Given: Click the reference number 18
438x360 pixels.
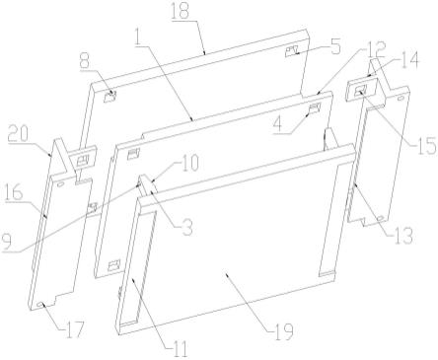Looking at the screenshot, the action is pyautogui.click(x=181, y=11).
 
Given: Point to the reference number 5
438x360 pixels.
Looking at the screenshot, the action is pyautogui.click(x=334, y=46).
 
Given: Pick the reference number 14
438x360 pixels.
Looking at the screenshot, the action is pyautogui.click(x=409, y=60).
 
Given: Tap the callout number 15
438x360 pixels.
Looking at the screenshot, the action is pyautogui.click(x=426, y=146).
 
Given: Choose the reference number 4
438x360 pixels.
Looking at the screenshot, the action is pyautogui.click(x=278, y=124).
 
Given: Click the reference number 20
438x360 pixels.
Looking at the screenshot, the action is pyautogui.click(x=19, y=134).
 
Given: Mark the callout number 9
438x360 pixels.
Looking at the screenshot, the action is pyautogui.click(x=7, y=242).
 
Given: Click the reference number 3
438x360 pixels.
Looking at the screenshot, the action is pyautogui.click(x=187, y=228).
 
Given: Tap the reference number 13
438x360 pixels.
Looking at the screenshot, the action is pyautogui.click(x=403, y=236).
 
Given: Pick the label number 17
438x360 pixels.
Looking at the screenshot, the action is pyautogui.click(x=74, y=328).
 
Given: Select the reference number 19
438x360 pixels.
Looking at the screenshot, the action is pyautogui.click(x=283, y=331).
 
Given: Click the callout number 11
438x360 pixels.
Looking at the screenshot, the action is pyautogui.click(x=179, y=349).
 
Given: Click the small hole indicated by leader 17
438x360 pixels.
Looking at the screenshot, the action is pyautogui.click(x=41, y=305).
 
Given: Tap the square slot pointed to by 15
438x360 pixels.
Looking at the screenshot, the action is pyautogui.click(x=361, y=90).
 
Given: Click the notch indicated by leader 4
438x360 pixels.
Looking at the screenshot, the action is pyautogui.click(x=315, y=108).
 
